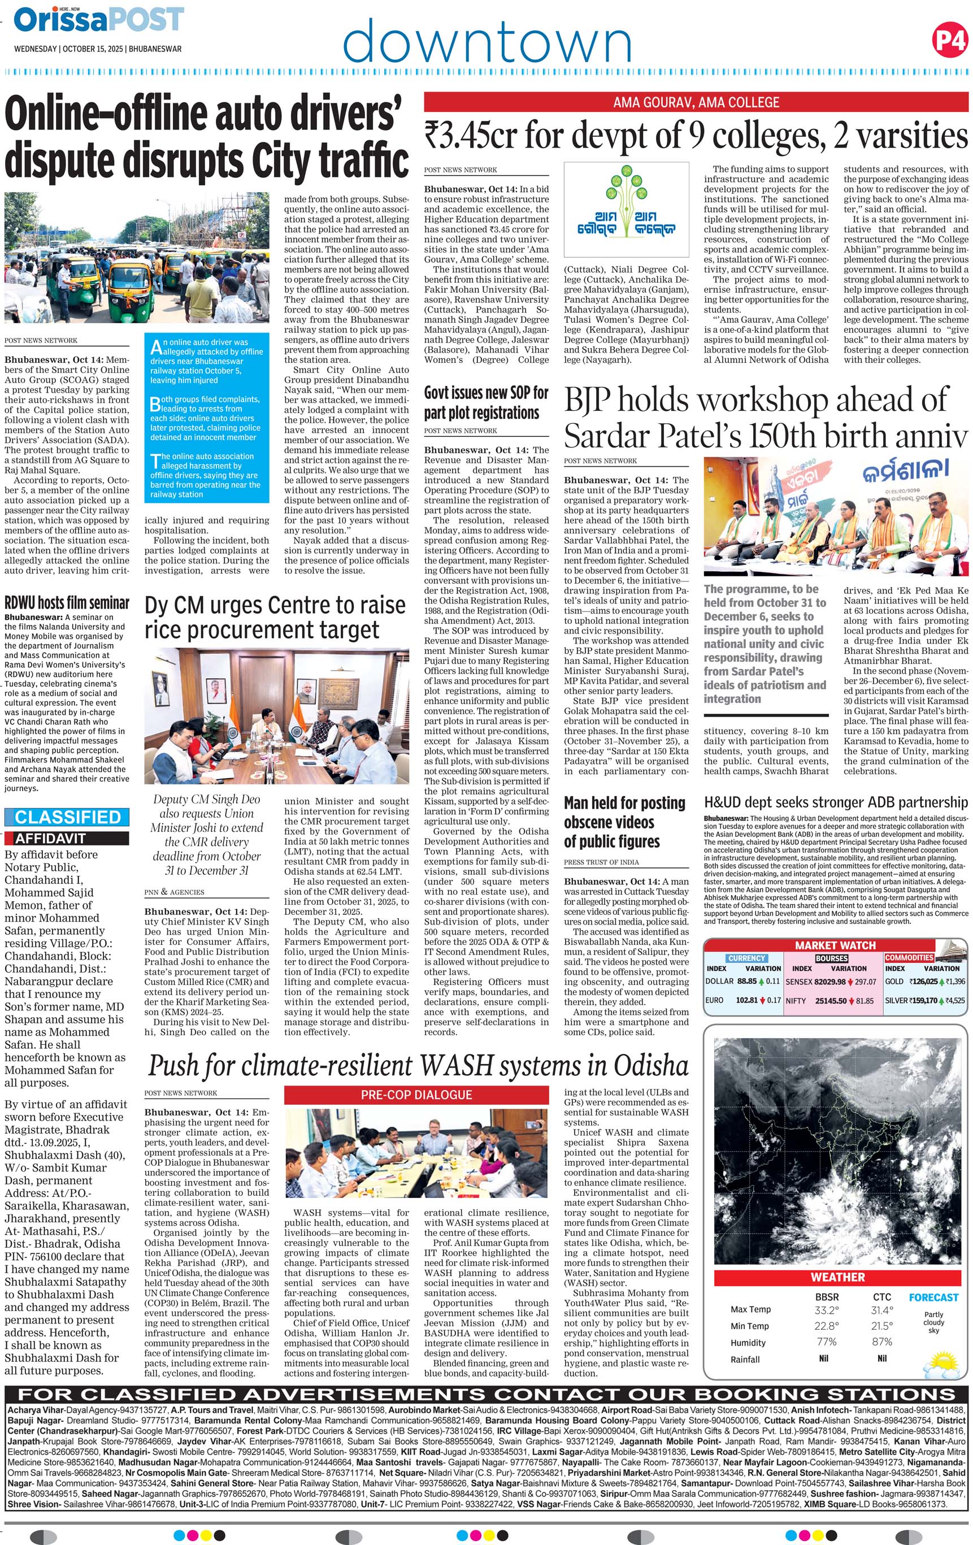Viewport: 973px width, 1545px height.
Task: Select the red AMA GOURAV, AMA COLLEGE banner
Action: (x=696, y=102)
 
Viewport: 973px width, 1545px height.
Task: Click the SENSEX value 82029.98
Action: (x=829, y=981)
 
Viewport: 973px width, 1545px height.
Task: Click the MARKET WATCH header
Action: (x=835, y=945)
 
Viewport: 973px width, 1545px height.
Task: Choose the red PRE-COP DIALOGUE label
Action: (x=416, y=1095)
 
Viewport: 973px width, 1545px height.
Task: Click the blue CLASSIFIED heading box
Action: (x=67, y=817)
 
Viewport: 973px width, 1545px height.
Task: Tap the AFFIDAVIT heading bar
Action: (x=67, y=838)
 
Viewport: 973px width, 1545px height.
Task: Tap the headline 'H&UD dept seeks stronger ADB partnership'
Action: (x=835, y=802)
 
